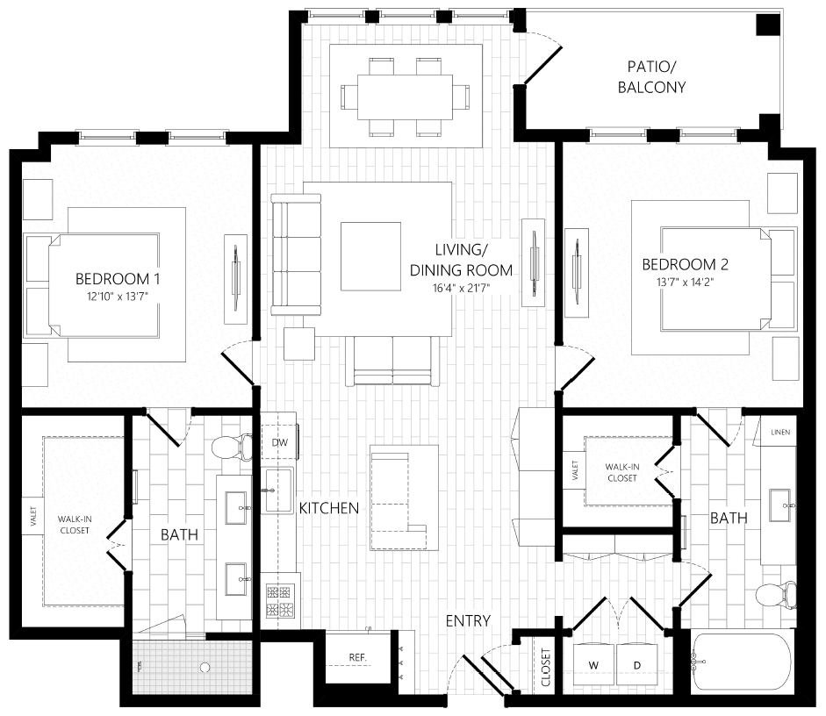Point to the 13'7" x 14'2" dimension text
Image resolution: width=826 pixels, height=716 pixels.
685,283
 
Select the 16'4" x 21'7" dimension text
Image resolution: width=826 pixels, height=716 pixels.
461,288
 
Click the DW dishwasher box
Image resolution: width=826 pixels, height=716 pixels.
279,442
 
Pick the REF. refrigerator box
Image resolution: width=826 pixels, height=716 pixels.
357,657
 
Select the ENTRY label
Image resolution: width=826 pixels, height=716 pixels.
467,621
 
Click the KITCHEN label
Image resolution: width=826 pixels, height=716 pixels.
328,508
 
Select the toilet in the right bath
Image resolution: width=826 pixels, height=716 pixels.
776,596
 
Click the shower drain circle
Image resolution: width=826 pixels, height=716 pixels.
205,668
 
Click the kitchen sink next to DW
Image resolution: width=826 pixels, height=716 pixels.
279,489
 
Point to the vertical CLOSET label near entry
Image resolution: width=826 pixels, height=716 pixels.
546,669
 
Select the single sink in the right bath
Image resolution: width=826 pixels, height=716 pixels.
779,503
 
